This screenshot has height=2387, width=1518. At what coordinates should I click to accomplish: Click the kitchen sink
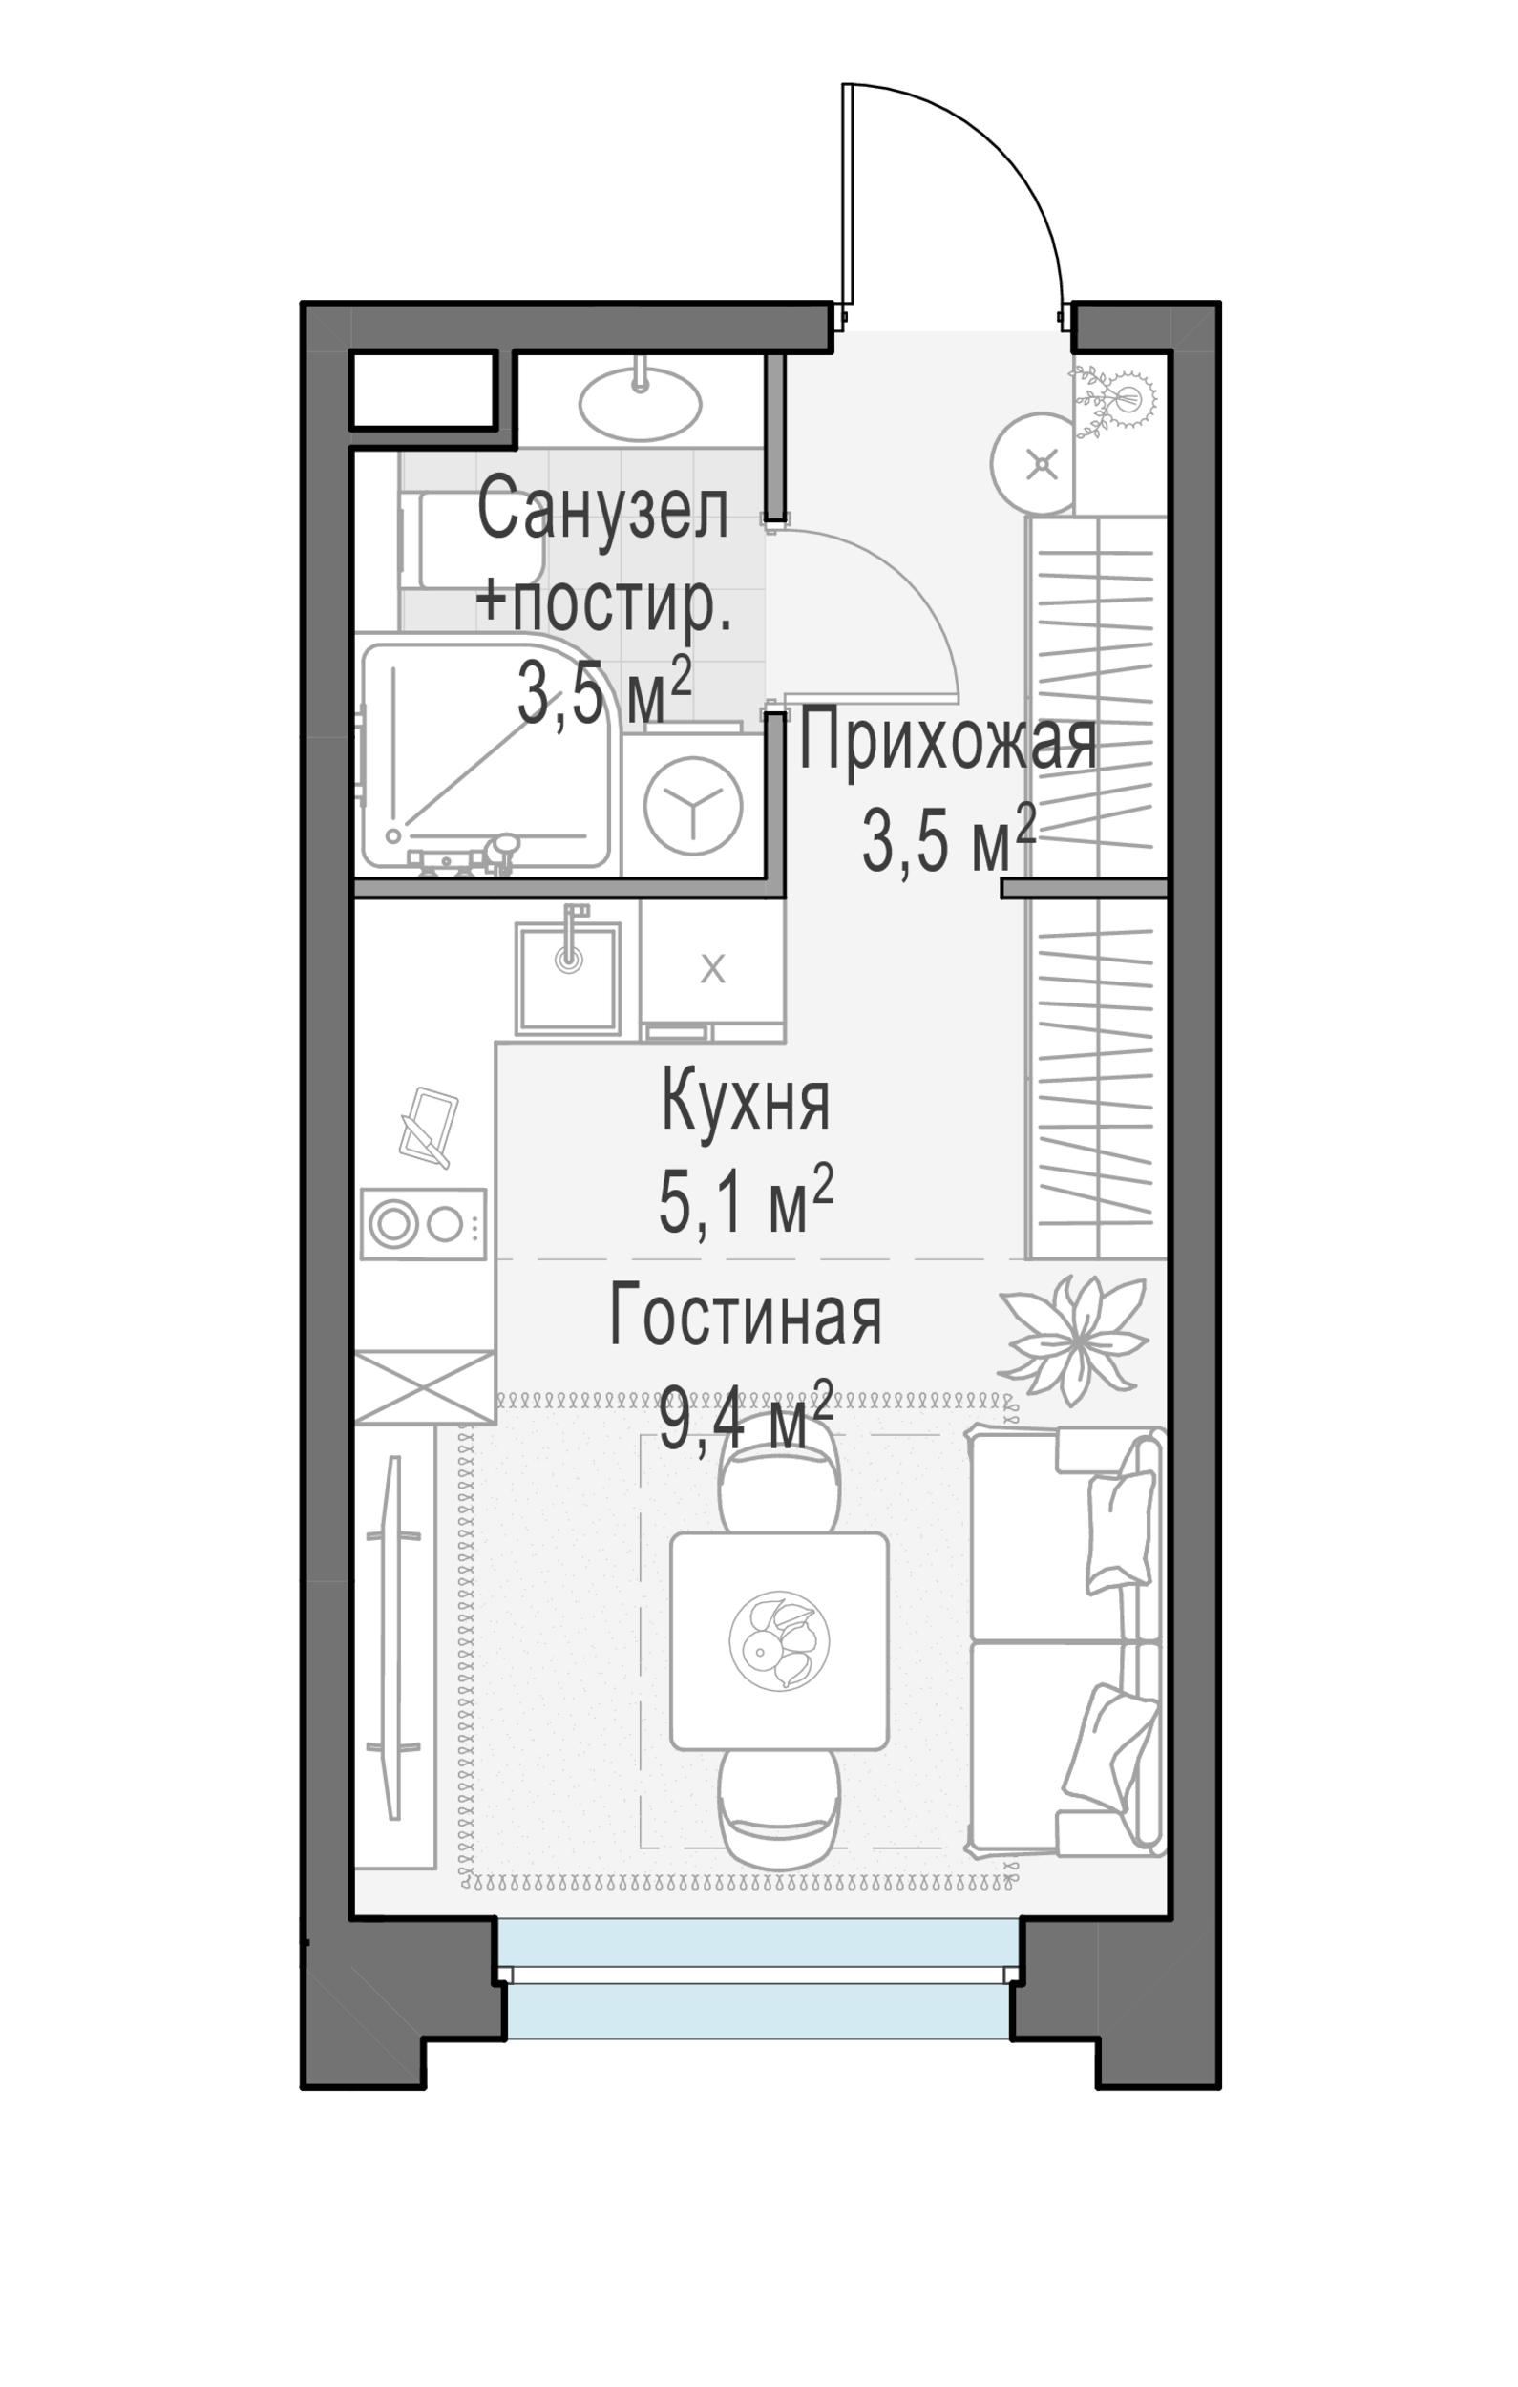tap(568, 978)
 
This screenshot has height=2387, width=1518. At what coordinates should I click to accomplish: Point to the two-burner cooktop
tap(423, 1223)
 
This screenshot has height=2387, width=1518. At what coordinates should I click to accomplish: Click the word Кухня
tap(745, 1101)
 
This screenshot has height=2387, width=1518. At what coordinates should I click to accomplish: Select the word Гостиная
tap(745, 1316)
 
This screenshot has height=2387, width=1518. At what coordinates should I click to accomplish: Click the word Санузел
tap(602, 509)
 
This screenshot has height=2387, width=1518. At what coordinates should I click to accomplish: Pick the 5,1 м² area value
tap(746, 1200)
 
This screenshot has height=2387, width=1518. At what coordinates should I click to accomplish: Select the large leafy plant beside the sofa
tap(1073, 1341)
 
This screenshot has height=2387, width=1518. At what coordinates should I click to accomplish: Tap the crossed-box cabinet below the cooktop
tap(424, 1386)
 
